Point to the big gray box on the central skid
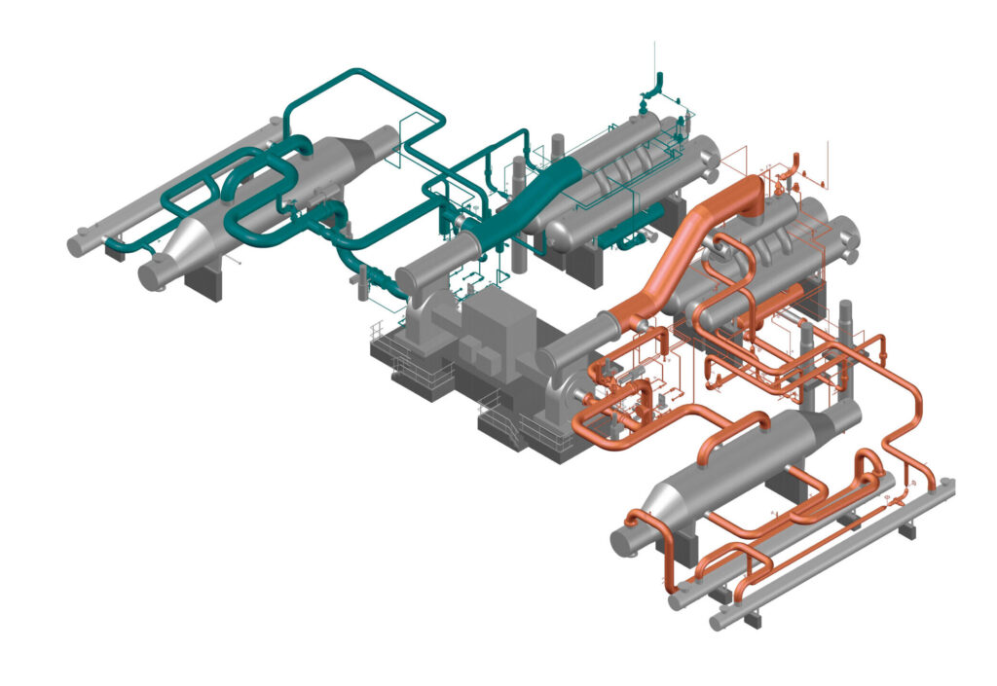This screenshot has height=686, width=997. coord(497,331)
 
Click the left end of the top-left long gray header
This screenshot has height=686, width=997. coord(75,244)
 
